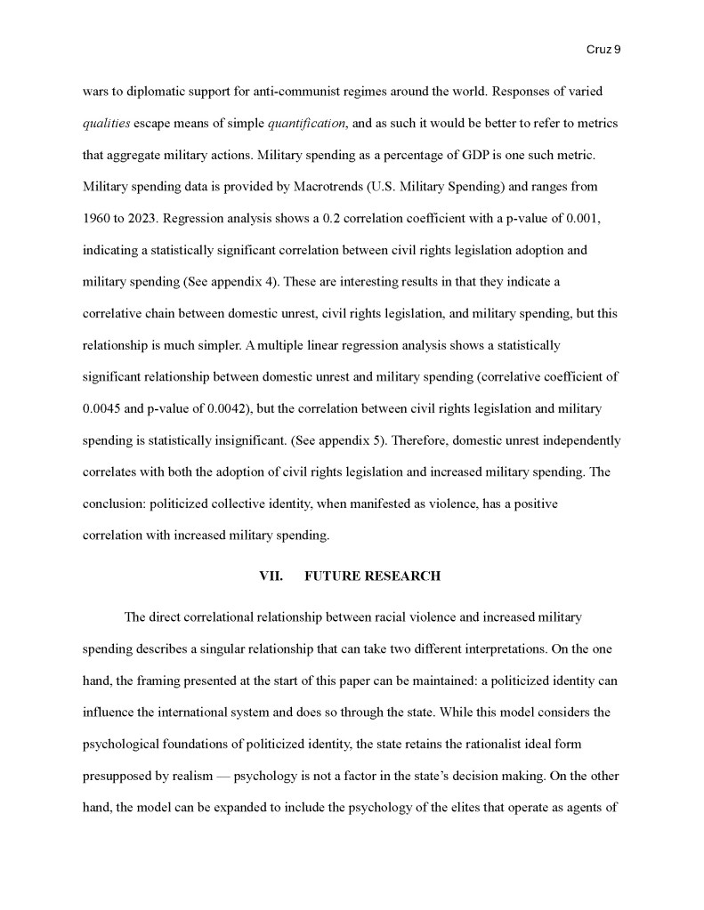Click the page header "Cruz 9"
tap(603, 50)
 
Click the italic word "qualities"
tap(107, 123)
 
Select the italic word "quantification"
tap(307, 123)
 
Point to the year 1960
tap(97, 218)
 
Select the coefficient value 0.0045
tap(101, 408)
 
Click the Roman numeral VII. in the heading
tap(271, 576)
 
